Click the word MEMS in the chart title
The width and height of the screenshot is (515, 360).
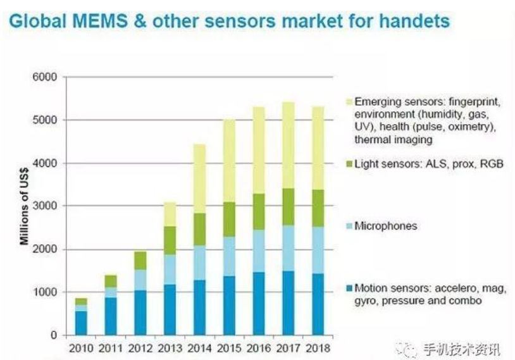[x=94, y=21]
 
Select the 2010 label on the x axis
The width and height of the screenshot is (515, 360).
[x=81, y=349]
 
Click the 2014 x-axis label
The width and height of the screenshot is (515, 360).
[x=199, y=349]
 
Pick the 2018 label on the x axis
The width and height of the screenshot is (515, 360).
[x=318, y=349]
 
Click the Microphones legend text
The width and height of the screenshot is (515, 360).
[x=386, y=226]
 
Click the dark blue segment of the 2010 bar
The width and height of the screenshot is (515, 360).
[x=82, y=323]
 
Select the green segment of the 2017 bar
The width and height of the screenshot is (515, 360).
[x=289, y=206]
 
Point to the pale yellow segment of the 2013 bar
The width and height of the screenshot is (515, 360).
[x=170, y=214]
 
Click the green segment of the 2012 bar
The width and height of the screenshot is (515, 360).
[x=140, y=260]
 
